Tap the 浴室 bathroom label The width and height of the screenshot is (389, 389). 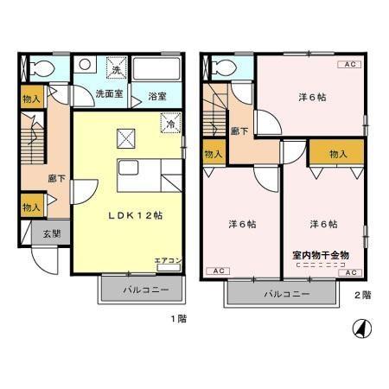(156, 96)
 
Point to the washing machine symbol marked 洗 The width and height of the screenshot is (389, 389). (114, 67)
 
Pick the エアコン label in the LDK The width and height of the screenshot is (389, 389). (168, 259)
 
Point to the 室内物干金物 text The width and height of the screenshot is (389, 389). (321, 256)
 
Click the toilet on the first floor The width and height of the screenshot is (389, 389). (39, 67)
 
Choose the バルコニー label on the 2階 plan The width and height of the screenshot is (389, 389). (282, 294)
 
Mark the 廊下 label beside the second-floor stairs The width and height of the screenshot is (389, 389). (239, 131)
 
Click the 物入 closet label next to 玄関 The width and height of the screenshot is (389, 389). (31, 207)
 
